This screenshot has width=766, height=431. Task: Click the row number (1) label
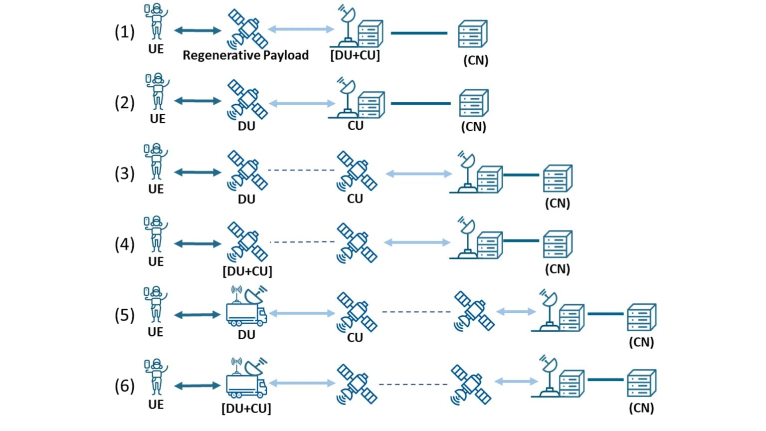pos(125,32)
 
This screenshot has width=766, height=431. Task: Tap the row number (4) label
pos(125,244)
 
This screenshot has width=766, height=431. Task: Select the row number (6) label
pos(125,386)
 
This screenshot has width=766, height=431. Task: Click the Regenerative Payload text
pos(245,55)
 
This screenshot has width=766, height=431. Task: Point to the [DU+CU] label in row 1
pos(355,55)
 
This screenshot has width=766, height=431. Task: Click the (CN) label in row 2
pos(473,126)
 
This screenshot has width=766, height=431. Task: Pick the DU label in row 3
pos(246,199)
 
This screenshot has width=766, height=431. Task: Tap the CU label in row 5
pos(355,338)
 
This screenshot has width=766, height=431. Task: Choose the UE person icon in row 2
pos(158,92)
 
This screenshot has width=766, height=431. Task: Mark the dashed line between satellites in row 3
pos(301,170)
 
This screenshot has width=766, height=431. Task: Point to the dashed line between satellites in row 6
pos(413,384)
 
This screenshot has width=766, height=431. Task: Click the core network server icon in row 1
pos(472,33)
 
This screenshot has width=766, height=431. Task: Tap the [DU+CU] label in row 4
pos(247,271)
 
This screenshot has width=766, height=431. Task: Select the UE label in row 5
pos(156,332)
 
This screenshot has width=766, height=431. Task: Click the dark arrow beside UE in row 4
pos(197,244)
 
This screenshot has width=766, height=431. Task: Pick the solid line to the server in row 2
pos(420,104)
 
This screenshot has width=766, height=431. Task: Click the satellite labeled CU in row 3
pos(357,171)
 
